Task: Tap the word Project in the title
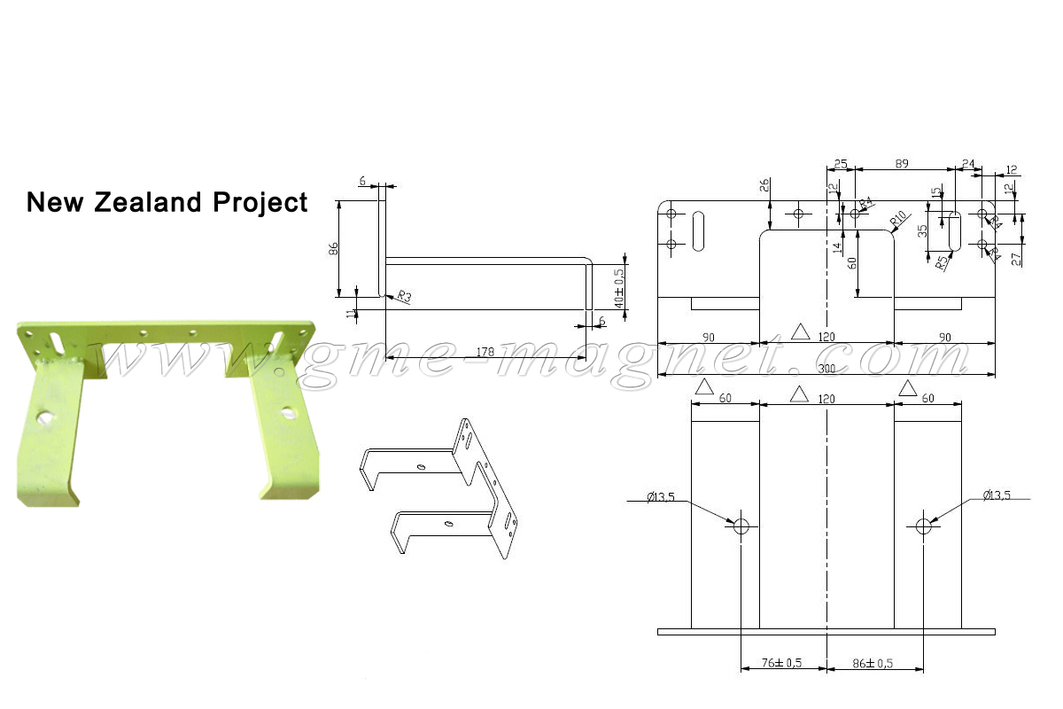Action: [x=260, y=202]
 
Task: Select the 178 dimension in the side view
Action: [x=485, y=352]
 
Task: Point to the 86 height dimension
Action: [x=333, y=249]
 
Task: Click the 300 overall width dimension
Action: [x=826, y=367]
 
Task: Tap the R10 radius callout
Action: [x=896, y=219]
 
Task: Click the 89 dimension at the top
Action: [x=902, y=164]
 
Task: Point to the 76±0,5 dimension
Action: [x=782, y=663]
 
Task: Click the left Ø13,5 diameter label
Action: [x=661, y=496]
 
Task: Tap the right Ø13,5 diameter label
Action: [x=996, y=496]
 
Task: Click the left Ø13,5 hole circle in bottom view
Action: [x=741, y=526]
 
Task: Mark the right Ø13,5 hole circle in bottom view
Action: [x=924, y=526]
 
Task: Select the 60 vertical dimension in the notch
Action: [x=851, y=263]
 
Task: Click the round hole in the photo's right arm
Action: [x=288, y=412]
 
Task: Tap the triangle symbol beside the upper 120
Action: [x=801, y=332]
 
